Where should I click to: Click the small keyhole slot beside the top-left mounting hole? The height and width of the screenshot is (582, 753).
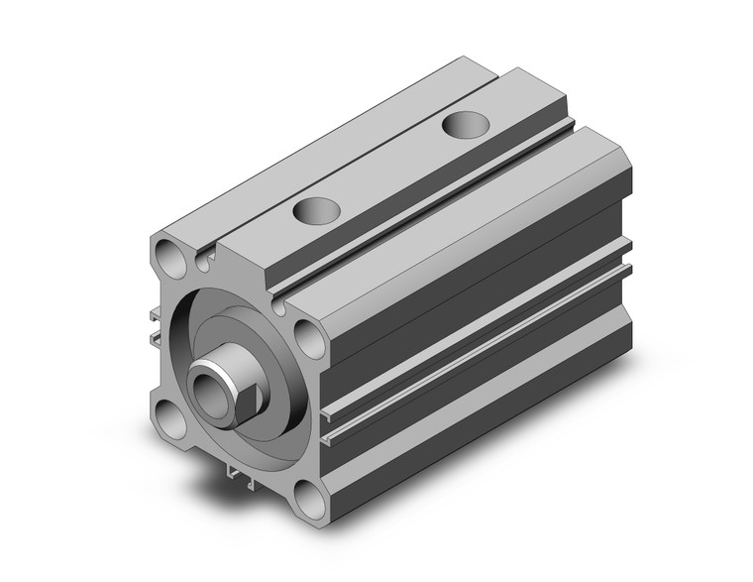(205, 261)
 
